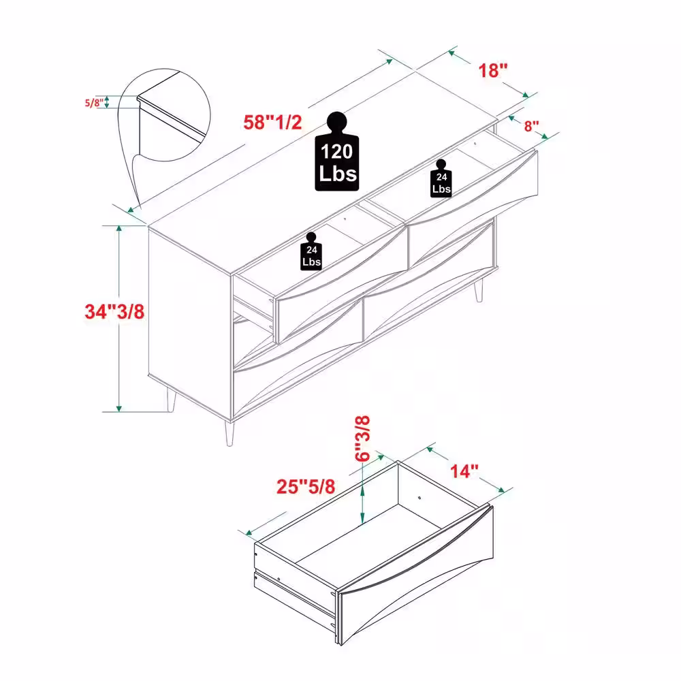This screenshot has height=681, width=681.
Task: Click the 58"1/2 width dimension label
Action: pos(272,123)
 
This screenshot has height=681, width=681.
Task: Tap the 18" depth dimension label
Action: pos(492,70)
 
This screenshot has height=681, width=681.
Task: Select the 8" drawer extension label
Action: pos(531,126)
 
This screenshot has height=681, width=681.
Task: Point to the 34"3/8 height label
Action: pos(114,311)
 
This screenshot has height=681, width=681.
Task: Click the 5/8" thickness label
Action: pos(94,103)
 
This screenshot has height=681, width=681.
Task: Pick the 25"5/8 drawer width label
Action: pos(306,486)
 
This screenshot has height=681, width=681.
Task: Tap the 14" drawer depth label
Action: pos(464,471)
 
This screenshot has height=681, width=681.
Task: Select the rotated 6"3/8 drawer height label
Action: pos(362,438)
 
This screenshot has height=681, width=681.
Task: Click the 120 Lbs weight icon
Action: pos(337,152)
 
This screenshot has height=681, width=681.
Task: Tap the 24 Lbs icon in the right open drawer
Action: pos(441,178)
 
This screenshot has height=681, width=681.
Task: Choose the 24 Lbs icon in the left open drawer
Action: pos(311,251)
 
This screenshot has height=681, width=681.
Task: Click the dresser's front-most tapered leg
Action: pos(229,432)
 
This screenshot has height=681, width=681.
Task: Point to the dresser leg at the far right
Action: pos(479,289)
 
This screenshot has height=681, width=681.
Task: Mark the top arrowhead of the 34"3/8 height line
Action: pos(119,229)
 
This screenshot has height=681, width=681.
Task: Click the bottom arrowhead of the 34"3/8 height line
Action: pos(119,409)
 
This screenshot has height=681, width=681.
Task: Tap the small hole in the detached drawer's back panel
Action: pos(419,498)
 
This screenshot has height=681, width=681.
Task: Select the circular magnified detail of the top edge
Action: pos(164,115)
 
